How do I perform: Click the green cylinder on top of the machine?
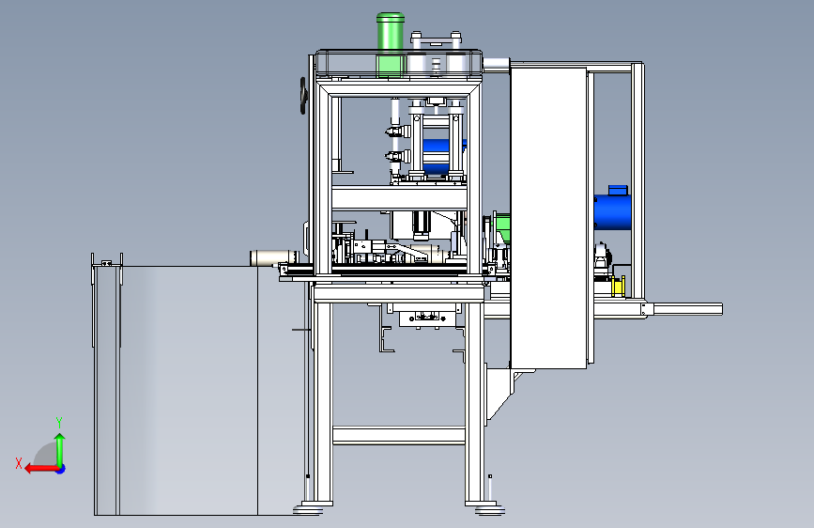coord(391,45)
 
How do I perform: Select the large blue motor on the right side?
coord(612,211)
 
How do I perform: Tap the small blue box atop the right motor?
coord(618,190)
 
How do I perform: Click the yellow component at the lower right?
coord(618,287)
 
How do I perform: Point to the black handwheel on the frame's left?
coord(303,96)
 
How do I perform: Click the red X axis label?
coord(19,463)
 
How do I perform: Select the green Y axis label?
coord(59,423)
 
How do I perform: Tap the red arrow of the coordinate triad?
coord(41,469)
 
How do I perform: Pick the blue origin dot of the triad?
coord(61,469)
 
